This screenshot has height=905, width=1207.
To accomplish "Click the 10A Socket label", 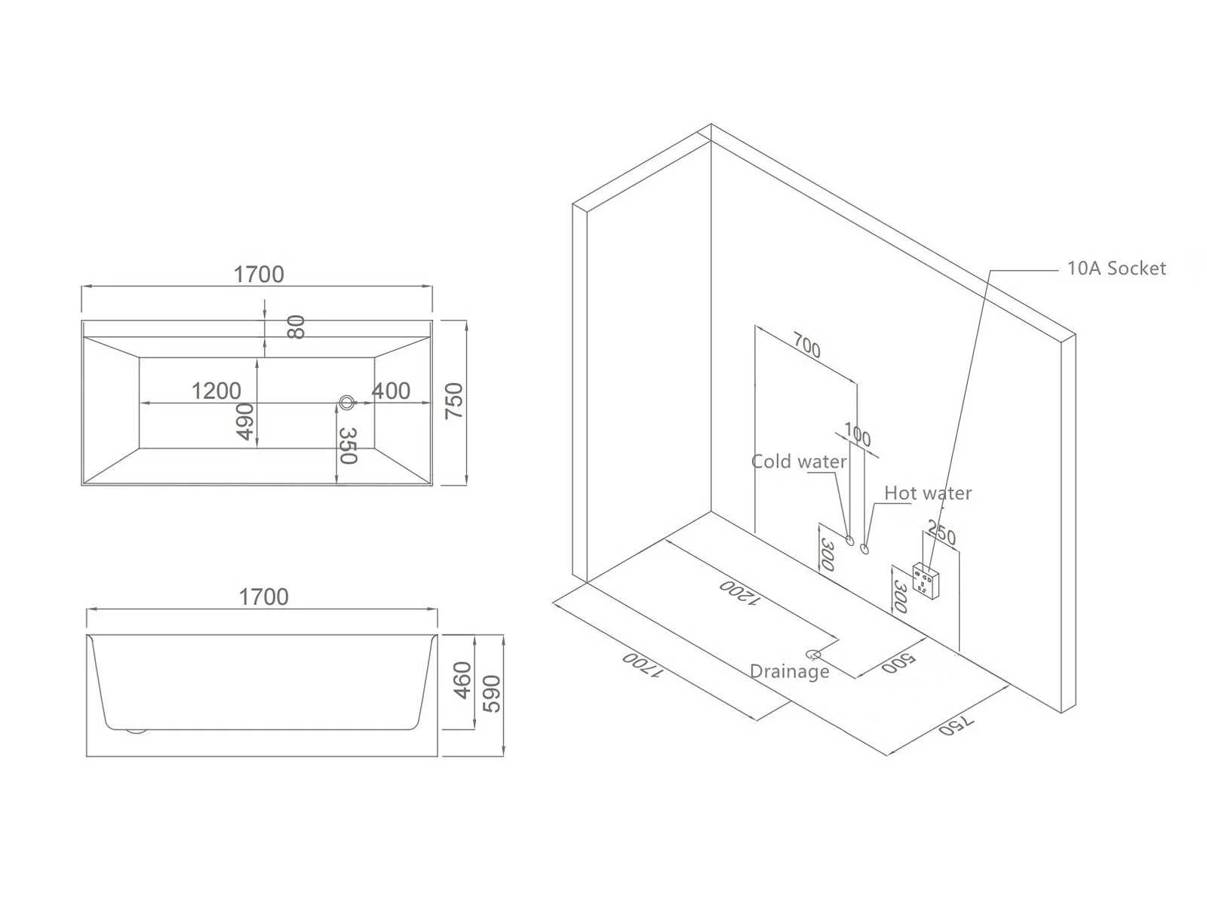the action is coord(1116,268).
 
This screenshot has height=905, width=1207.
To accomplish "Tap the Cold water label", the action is coord(798,461).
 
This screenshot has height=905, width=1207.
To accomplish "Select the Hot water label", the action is coord(928,493).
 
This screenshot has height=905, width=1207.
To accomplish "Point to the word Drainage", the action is coord(790,671).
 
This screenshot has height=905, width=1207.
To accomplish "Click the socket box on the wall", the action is coord(926,581).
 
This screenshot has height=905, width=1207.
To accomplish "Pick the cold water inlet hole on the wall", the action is coord(849,541).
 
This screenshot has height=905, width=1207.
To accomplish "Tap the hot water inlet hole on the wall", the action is coord(865,548).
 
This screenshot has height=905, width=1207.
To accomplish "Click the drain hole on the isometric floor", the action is coord(813,655).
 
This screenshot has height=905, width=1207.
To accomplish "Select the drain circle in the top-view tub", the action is coord(346,402).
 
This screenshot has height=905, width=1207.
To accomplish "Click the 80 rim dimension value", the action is coord(296,327).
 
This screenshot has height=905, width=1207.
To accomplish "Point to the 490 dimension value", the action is coord(245,422).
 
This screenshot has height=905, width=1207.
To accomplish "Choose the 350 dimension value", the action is coord(348,446).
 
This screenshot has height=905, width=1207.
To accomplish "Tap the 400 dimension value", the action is coord(391,391).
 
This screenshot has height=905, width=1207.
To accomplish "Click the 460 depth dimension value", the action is coord(462,680).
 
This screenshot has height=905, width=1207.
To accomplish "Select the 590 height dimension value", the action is coord(491,694).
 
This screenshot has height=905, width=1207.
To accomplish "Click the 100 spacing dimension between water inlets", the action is coord(857,434).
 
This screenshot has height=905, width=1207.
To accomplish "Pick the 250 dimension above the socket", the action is coord(942,532).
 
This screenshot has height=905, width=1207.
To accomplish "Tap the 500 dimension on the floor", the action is coord(898,663).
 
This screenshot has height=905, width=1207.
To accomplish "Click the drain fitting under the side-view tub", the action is coord(135,732).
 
